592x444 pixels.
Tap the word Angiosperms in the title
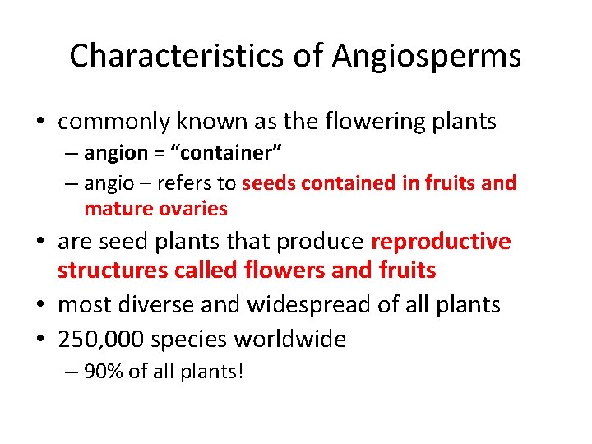pyautogui.click(x=427, y=56)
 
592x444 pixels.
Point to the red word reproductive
pyautogui.click(x=441, y=242)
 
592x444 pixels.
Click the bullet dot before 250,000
pyautogui.click(x=41, y=339)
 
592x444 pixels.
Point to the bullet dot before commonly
pyautogui.click(x=41, y=123)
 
